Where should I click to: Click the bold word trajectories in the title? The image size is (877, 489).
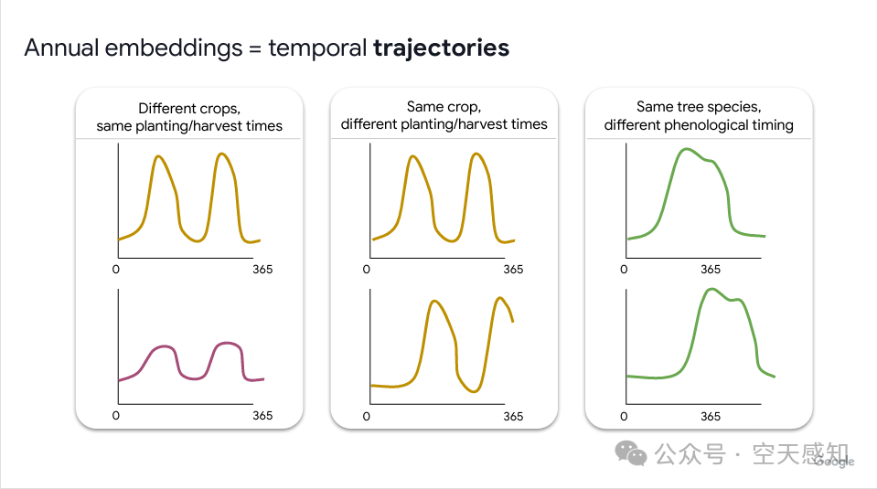pyautogui.click(x=441, y=48)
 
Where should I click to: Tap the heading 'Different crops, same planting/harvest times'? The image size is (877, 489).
pyautogui.click(x=189, y=116)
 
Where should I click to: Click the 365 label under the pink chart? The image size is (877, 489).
pyautogui.click(x=262, y=416)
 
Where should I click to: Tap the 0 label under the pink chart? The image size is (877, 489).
pyautogui.click(x=115, y=416)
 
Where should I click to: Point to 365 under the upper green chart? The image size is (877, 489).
pyautogui.click(x=711, y=270)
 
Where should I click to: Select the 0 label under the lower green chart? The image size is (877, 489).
pyautogui.click(x=624, y=416)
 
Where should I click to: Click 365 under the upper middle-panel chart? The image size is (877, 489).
pyautogui.click(x=513, y=270)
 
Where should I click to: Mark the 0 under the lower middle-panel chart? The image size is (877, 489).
pyautogui.click(x=367, y=416)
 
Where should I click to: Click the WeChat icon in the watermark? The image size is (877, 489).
pyautogui.click(x=630, y=452)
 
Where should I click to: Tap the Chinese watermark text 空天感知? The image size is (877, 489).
pyautogui.click(x=800, y=453)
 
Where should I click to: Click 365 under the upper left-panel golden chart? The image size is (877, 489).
pyautogui.click(x=262, y=270)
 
